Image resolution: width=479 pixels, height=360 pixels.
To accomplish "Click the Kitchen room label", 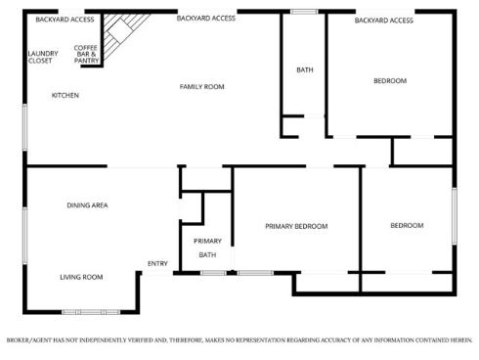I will (x=65, y=95).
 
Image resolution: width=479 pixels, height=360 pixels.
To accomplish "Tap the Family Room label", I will (x=201, y=87).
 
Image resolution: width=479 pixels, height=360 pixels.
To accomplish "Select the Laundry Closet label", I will (x=42, y=57).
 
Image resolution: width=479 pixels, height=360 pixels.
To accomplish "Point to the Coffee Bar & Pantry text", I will (x=86, y=53).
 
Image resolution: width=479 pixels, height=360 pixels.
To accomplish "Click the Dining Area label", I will (x=87, y=204).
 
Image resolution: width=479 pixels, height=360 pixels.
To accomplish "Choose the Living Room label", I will (x=80, y=277).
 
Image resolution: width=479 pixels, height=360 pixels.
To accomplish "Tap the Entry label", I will (x=157, y=263).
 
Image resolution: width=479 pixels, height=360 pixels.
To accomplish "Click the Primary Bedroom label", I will (x=296, y=226).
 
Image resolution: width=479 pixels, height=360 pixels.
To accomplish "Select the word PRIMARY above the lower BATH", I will (x=207, y=241).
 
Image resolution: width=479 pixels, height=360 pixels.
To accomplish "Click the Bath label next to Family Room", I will (x=305, y=69).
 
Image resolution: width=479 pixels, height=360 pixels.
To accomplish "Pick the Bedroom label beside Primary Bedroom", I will (x=407, y=225).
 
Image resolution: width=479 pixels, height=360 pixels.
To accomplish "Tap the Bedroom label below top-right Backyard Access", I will (x=390, y=80).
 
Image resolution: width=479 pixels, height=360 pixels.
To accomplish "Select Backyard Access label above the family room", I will (x=205, y=18).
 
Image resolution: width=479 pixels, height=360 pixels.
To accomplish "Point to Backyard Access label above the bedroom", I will (x=383, y=20).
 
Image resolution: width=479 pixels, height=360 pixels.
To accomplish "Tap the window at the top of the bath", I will (x=304, y=12).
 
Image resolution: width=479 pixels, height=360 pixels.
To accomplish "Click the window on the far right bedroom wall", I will (x=454, y=214).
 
